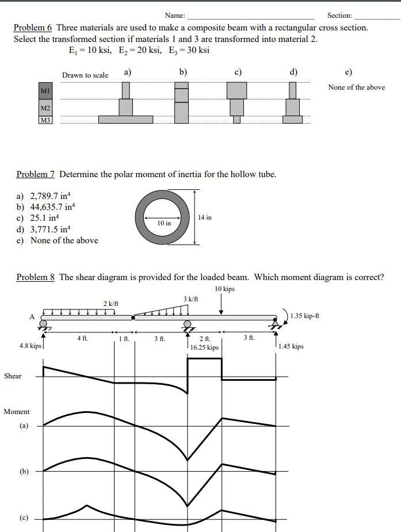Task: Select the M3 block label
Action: coord(45,120)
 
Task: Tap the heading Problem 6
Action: coord(33,28)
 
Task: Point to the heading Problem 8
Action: coord(36,277)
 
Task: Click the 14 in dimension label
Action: coord(204,217)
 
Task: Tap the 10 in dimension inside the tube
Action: coord(164,223)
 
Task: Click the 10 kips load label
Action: coord(224,289)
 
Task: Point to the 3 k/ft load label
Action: coord(190,299)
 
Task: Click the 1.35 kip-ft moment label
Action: coord(305,315)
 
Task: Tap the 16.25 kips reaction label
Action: coord(204,347)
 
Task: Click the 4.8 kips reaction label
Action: coord(30,346)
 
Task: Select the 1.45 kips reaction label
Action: coord(291,346)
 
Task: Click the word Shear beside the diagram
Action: coord(13,376)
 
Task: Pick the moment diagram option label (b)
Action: coord(24,472)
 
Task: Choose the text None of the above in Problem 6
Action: coord(357,87)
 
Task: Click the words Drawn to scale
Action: coord(85,75)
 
